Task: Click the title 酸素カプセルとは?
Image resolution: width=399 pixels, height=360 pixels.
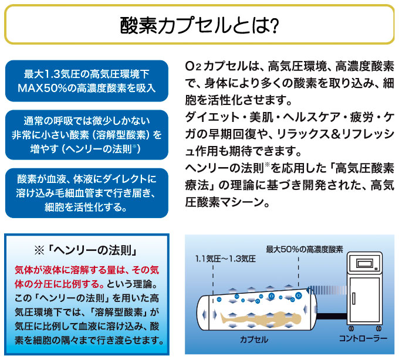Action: click(199, 25)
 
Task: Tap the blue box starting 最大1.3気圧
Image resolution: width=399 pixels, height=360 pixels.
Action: click(86, 81)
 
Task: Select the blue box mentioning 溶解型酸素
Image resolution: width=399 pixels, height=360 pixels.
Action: click(86, 135)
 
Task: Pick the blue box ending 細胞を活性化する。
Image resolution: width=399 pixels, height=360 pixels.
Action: click(86, 193)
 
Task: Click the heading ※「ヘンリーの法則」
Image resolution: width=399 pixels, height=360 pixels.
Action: click(86, 251)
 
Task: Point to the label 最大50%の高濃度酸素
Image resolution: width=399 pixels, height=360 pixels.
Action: click(305, 249)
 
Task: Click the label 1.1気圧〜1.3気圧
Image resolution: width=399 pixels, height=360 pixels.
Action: click(225, 259)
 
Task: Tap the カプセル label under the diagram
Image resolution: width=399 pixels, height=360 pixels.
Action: click(254, 339)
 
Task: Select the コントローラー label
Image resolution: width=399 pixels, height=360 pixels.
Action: click(363, 338)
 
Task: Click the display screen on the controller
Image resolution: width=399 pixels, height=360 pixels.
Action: click(365, 263)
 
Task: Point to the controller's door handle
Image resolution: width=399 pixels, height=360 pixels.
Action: click(354, 298)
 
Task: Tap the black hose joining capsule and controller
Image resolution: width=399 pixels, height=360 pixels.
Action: click(332, 316)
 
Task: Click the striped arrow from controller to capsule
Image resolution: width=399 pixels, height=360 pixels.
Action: click(326, 290)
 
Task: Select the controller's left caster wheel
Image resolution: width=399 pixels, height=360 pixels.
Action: click(351, 328)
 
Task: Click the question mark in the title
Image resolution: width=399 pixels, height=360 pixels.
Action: click(275, 26)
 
